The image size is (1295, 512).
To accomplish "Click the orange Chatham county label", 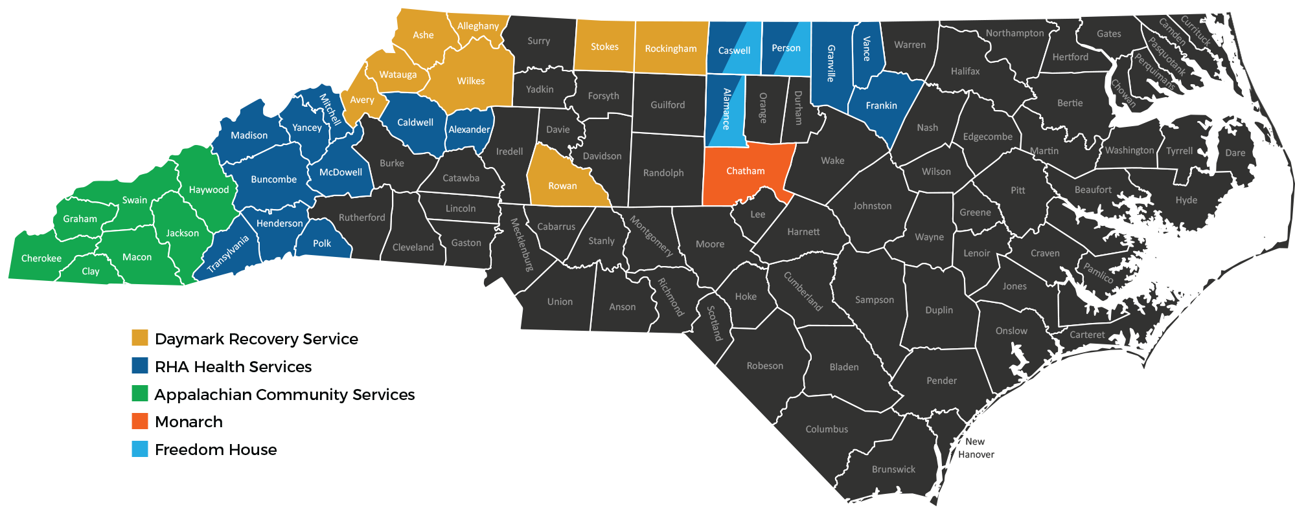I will click(745, 171).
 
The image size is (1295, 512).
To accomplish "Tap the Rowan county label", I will click(562, 186).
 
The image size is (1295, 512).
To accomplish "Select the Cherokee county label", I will click(41, 258).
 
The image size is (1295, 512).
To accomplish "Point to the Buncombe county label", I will click(273, 179).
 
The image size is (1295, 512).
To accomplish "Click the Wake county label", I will click(832, 161).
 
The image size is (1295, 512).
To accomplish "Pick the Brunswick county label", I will click(893, 469).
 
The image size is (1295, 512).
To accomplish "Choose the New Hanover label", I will click(976, 448).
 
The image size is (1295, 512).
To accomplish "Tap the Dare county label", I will click(1235, 153).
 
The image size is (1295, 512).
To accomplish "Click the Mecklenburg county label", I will click(521, 244).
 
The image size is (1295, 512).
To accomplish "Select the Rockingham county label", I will click(670, 49).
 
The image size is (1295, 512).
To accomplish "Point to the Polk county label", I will click(322, 243).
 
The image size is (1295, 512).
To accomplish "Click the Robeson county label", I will click(764, 366).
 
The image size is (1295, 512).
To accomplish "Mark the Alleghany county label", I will click(478, 26).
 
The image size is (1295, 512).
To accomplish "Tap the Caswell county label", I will click(734, 50).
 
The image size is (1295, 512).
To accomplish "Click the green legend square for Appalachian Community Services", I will click(140, 394).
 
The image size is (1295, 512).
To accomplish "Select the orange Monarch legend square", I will click(140, 421).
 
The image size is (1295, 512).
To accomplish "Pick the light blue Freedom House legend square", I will click(140, 449).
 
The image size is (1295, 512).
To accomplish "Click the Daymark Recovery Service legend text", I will click(257, 339).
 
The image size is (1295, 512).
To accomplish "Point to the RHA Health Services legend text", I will click(233, 366).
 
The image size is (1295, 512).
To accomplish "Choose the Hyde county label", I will click(1186, 200).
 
